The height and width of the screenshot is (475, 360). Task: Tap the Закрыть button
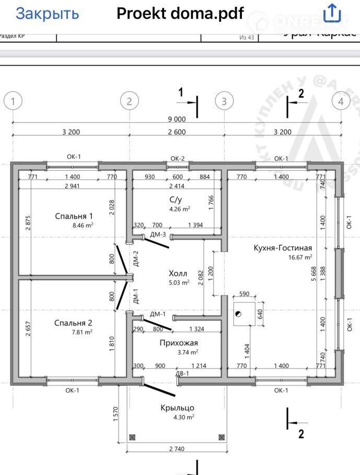click(47, 14)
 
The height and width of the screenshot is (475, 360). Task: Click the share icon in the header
click(332, 13)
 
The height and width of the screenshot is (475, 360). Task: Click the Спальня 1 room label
click(74, 216)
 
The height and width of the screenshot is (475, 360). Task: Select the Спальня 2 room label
click(73, 323)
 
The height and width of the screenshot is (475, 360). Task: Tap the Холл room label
click(178, 274)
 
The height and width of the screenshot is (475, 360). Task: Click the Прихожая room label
click(178, 343)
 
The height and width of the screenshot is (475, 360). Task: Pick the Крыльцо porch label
click(178, 408)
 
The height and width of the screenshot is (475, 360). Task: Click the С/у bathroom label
click(175, 199)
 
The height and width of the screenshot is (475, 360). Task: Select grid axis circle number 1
click(13, 101)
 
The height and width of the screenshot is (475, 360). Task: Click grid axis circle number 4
click(341, 101)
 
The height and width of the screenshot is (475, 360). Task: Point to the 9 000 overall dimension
click(177, 120)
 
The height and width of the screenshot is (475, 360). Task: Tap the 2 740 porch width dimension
click(177, 449)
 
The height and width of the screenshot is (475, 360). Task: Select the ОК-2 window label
click(178, 158)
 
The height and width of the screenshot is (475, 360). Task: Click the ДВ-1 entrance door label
click(181, 374)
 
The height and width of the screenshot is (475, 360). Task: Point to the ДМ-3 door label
click(158, 234)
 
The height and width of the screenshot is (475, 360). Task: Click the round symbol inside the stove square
click(238, 314)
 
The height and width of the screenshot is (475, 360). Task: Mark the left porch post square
click(132, 436)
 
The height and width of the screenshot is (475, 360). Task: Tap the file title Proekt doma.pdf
click(180, 14)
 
